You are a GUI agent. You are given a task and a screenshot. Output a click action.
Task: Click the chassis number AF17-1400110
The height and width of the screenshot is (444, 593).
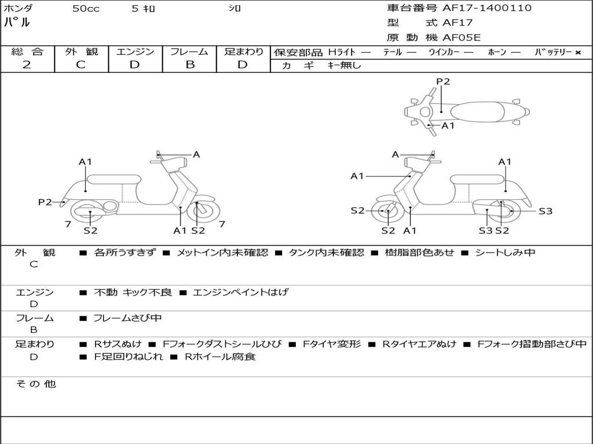(x=486, y=8)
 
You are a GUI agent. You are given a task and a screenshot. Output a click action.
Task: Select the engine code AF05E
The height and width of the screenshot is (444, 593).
(x=462, y=37)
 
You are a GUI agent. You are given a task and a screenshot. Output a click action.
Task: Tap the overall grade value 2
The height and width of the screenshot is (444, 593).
(x=27, y=65)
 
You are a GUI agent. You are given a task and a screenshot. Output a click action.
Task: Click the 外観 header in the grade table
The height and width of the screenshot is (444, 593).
(x=81, y=52)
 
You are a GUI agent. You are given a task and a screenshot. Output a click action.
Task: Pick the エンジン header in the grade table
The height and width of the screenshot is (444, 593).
(x=135, y=52)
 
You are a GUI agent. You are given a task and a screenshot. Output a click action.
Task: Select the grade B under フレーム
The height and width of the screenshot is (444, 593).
(x=189, y=65)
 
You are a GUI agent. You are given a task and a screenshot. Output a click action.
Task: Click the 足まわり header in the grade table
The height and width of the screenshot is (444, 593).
(x=243, y=52)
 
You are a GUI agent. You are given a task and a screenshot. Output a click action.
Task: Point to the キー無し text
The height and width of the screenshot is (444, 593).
(x=344, y=66)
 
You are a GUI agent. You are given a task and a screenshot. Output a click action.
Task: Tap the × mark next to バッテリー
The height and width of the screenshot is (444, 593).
(x=577, y=53)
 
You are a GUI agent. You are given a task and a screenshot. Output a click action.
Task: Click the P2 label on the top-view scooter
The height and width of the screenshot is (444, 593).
(x=443, y=82)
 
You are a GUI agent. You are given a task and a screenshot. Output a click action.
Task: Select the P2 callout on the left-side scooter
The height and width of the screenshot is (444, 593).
(x=45, y=202)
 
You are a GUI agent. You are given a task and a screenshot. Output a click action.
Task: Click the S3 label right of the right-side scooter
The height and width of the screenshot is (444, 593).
(x=546, y=211)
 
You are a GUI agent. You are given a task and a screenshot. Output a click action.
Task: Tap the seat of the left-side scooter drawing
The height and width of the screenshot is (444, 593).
(x=114, y=179)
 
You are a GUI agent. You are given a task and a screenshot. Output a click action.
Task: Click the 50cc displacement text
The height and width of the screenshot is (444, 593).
(x=86, y=9)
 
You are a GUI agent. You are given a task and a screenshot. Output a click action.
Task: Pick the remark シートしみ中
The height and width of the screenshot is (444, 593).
(x=505, y=253)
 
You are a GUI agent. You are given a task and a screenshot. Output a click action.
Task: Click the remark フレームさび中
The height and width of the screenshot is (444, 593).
(x=127, y=319)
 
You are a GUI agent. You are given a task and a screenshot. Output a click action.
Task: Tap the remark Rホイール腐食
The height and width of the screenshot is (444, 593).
(x=219, y=357)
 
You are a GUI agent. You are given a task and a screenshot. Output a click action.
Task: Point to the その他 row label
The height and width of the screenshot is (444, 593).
(x=36, y=384)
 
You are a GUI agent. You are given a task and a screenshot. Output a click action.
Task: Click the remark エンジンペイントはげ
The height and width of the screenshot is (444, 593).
(x=240, y=293)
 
